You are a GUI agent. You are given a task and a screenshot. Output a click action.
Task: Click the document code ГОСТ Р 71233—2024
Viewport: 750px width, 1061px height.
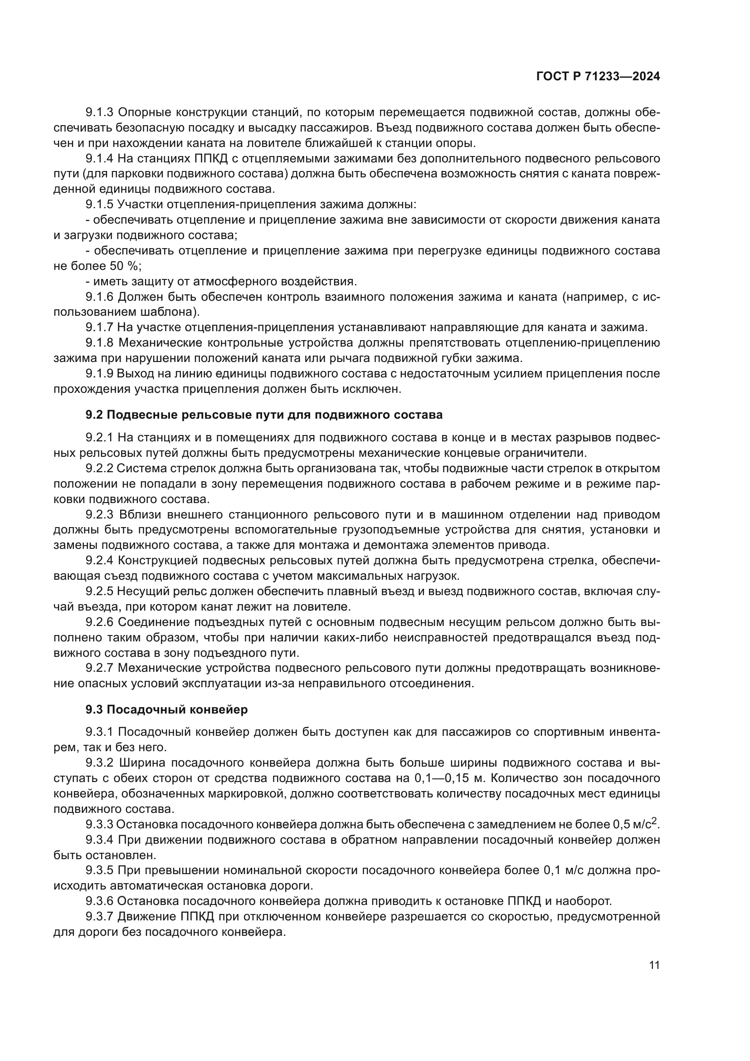[x=598, y=77]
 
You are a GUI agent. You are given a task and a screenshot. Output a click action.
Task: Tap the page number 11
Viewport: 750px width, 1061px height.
[x=654, y=965]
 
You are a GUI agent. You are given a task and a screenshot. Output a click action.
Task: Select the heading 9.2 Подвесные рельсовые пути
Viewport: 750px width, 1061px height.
[x=264, y=415]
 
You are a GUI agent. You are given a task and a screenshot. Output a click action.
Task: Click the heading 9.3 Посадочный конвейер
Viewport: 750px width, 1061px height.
[x=166, y=709]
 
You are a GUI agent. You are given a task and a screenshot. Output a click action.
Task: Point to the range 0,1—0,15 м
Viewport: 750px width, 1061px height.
[x=447, y=778]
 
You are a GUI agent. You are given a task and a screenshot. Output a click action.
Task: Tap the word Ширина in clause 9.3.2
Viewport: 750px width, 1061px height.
[x=141, y=763]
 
